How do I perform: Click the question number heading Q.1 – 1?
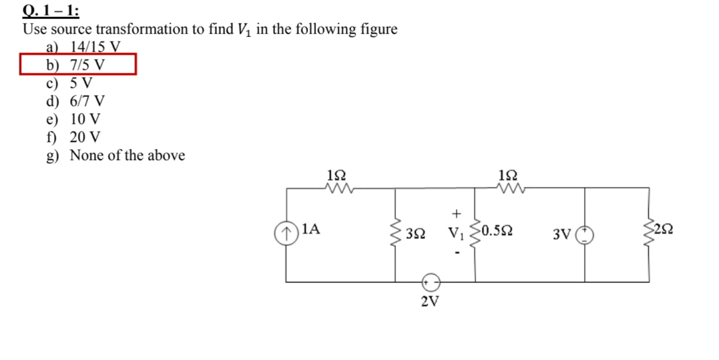pyautogui.click(x=51, y=11)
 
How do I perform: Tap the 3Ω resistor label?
pyautogui.click(x=415, y=234)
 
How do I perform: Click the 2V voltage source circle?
pyautogui.click(x=431, y=281)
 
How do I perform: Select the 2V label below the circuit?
pyautogui.click(x=431, y=301)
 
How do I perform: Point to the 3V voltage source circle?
pyautogui.click(x=585, y=234)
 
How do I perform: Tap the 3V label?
pyautogui.click(x=561, y=234)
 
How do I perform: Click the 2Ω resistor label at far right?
pyautogui.click(x=664, y=231)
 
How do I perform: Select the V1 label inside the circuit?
pyautogui.click(x=456, y=234)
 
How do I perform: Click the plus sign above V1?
pyautogui.click(x=456, y=214)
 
